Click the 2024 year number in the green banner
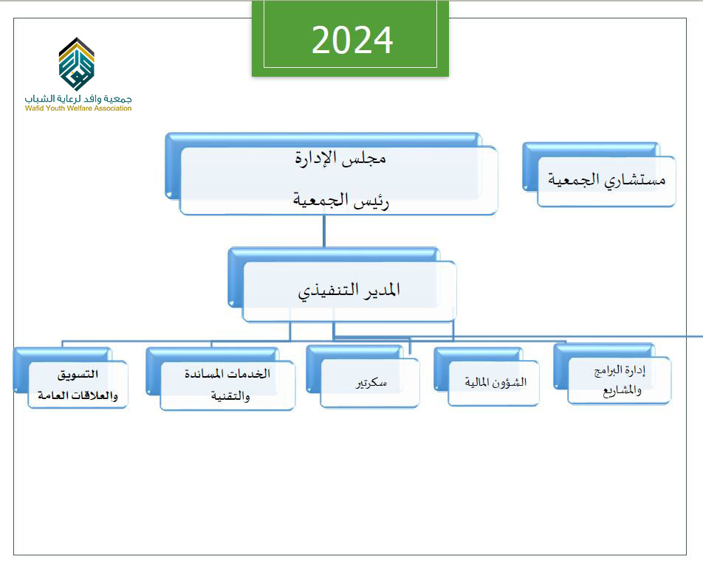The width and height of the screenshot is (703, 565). coord(352,40)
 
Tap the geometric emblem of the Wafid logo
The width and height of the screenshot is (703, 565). coord(77,64)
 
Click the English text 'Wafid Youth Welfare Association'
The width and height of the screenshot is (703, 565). coord(78,108)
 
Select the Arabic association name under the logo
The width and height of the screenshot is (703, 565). coord(78,99)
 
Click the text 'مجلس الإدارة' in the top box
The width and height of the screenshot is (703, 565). coord(340,158)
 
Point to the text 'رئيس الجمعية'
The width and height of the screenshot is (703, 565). coord(340,200)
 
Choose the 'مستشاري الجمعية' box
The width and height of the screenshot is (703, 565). coord(600,175)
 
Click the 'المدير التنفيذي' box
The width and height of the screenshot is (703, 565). coord(342,285)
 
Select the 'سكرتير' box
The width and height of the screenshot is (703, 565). coord(363,376)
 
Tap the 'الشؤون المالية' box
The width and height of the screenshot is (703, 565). coord(487,376)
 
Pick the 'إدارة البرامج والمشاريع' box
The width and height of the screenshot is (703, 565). coord(612,373)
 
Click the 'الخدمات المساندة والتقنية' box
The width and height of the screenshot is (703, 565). coord(220,378)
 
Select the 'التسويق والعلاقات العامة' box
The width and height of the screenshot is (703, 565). coord(70,378)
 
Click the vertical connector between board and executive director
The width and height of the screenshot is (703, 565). coord(323,231)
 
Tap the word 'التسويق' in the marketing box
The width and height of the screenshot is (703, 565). coord(78,374)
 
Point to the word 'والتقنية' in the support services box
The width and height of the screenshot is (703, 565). coord(230,396)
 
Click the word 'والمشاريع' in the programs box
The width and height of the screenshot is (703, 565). coord(622,391)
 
